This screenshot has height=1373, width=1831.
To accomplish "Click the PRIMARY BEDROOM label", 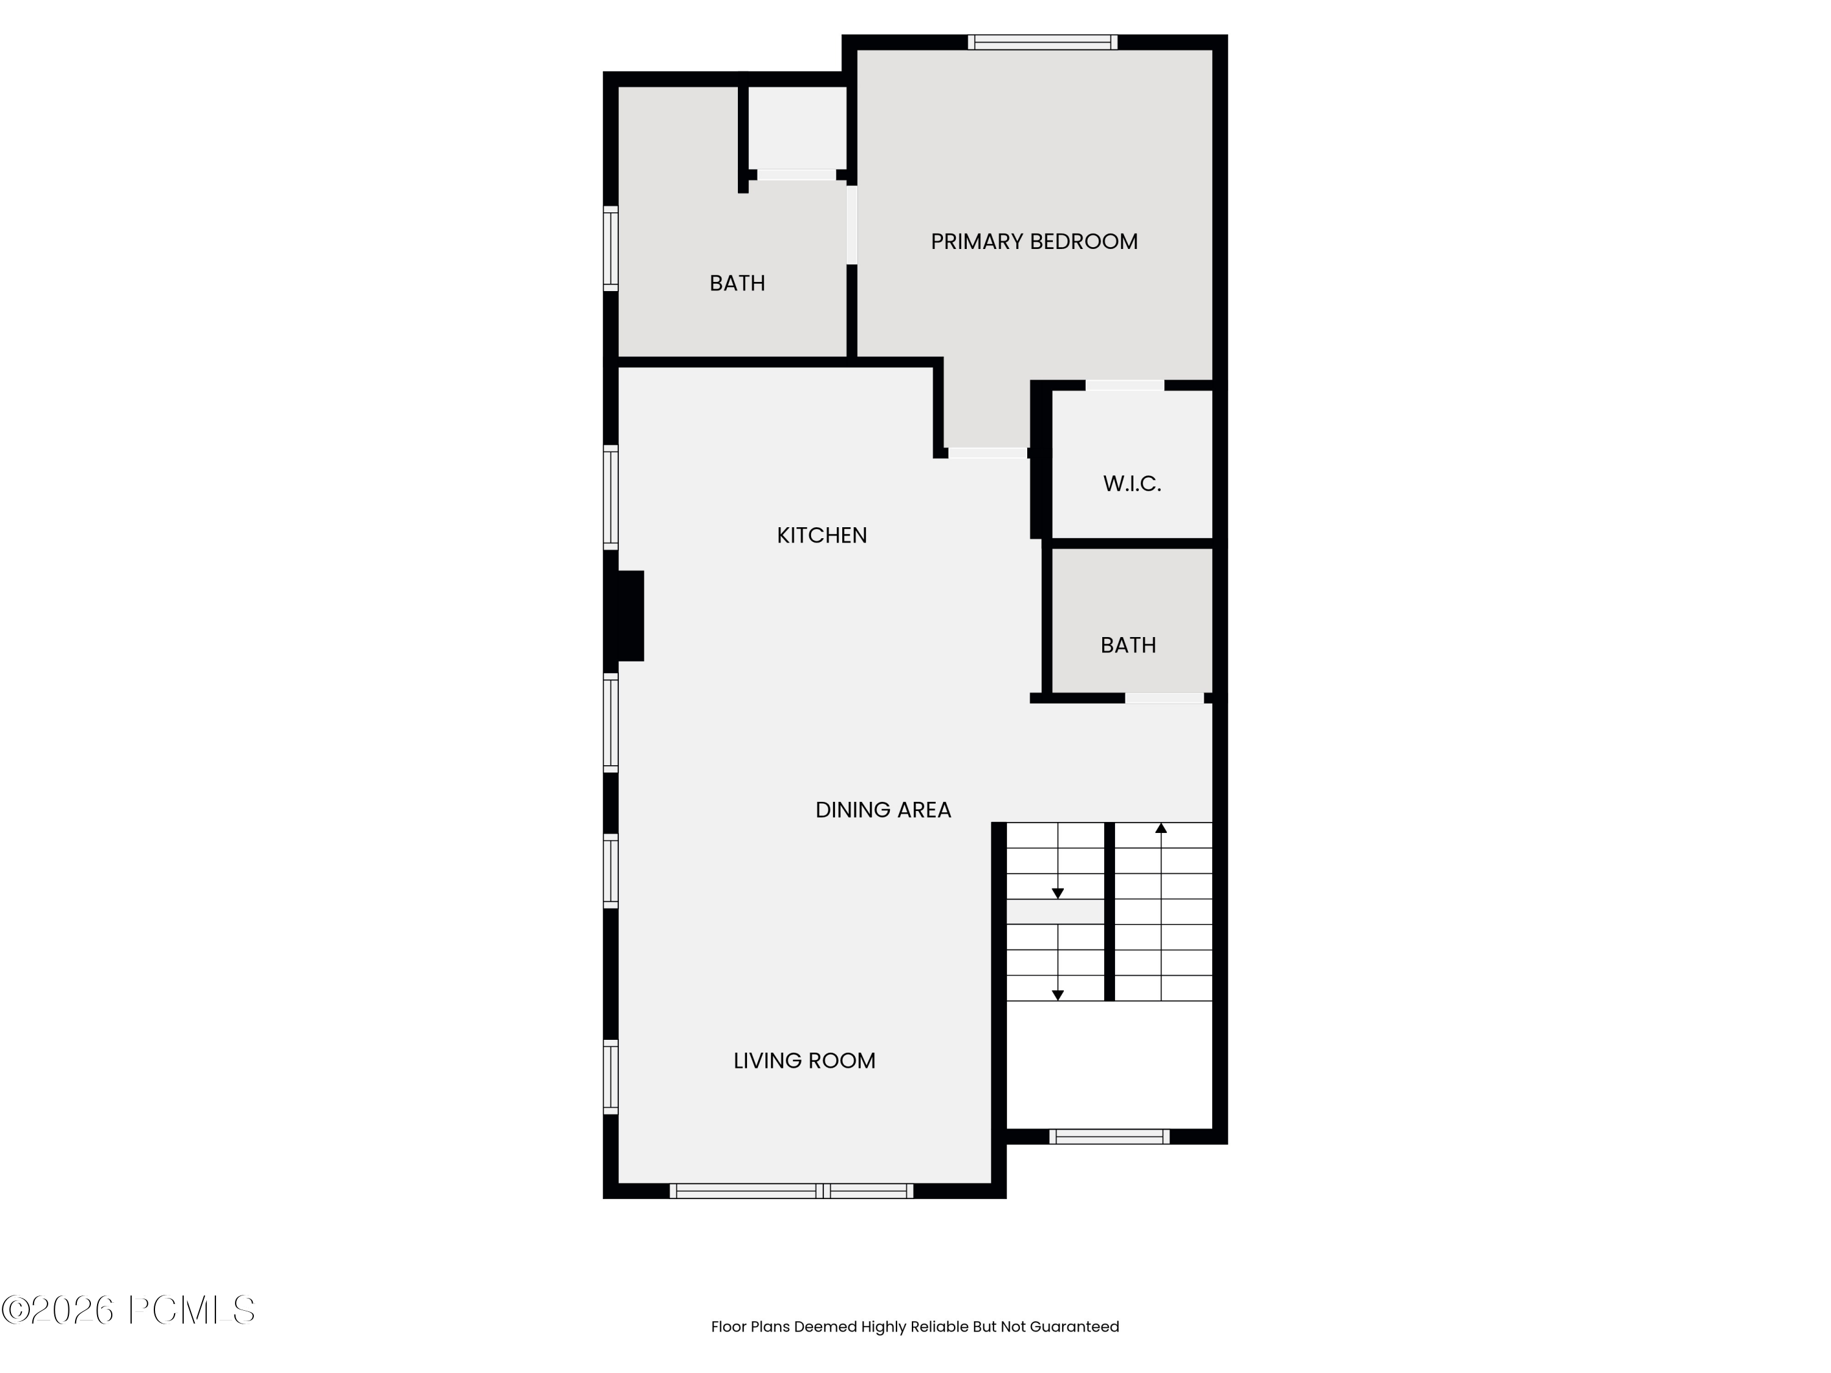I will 1034,242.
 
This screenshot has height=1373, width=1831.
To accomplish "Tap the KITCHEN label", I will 821,535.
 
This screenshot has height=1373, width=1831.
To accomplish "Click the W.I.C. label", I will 1132,483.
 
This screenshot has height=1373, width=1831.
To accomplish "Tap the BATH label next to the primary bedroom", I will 737,283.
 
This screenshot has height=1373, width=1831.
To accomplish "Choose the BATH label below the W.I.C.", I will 1127,645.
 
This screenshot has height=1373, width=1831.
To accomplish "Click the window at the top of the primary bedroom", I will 1042,42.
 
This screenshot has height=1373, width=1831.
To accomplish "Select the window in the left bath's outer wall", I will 611,248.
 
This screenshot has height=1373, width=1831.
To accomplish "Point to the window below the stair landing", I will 1109,1136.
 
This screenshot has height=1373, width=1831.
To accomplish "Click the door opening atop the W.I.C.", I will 1124,386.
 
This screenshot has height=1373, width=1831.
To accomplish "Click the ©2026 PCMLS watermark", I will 128,1310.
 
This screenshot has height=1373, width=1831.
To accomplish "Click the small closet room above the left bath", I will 796,128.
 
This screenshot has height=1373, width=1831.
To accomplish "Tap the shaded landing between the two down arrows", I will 1055,911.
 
